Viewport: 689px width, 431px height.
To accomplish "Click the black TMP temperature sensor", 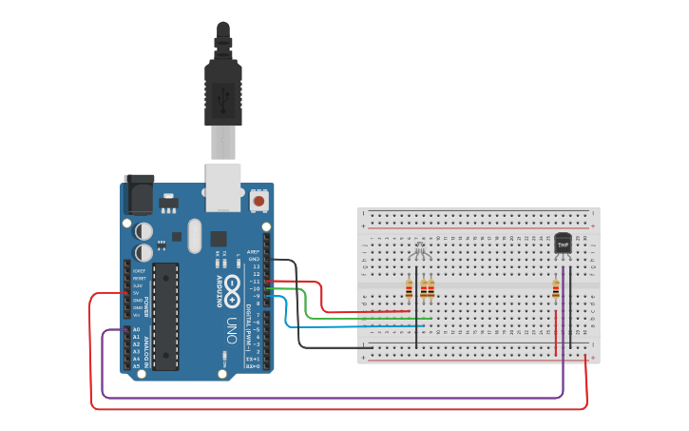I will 563,244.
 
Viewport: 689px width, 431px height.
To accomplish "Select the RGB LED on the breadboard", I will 419,251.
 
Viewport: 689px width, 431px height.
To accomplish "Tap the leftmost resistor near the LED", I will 410,288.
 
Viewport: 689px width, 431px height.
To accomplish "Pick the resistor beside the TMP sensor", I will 556,289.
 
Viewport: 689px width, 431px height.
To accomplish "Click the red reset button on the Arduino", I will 258,201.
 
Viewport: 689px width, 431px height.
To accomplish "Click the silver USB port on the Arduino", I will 223,187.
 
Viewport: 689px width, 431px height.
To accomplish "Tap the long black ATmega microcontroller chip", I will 166,315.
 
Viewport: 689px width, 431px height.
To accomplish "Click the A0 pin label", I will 136,329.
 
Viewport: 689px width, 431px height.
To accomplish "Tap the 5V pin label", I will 137,292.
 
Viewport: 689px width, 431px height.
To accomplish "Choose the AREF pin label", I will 253,251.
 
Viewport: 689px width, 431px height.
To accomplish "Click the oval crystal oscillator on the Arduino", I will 195,236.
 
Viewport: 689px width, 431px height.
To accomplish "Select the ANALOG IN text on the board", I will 148,348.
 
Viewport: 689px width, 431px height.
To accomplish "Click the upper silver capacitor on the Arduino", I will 144,230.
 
